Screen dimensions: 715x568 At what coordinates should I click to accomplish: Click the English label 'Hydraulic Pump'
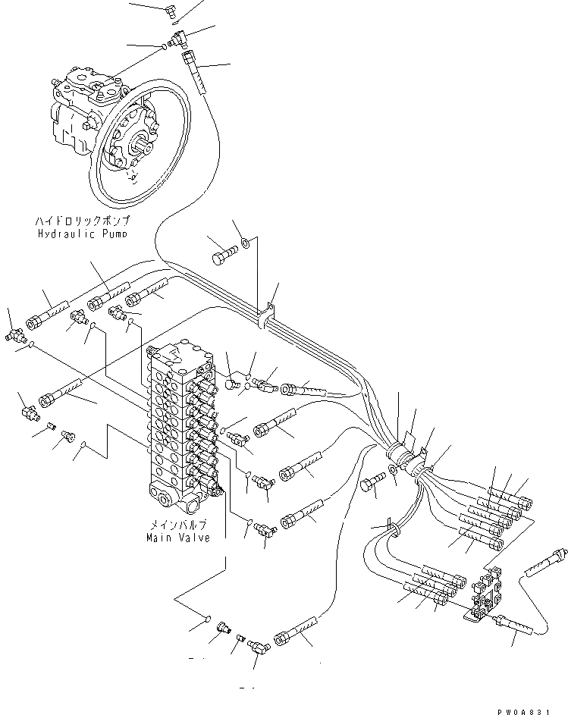82,234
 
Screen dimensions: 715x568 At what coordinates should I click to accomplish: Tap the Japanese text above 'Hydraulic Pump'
82,221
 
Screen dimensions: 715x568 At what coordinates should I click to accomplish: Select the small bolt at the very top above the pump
171,9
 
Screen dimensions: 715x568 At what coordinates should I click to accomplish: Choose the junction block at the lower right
482,595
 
